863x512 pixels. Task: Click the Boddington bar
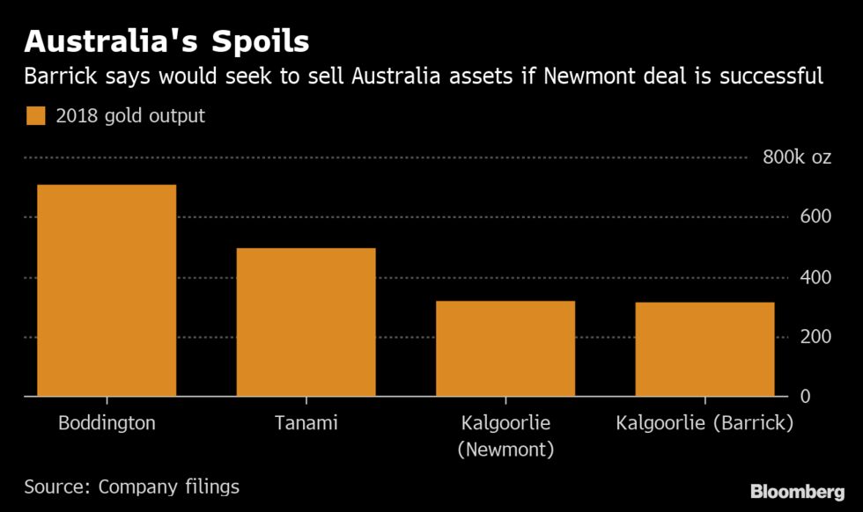click(107, 290)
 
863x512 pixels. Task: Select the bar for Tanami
click(306, 322)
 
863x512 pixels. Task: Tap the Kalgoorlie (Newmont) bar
click(505, 348)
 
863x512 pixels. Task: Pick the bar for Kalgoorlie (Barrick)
click(705, 349)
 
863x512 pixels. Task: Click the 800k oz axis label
click(796, 158)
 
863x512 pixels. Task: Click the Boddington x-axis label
click(107, 423)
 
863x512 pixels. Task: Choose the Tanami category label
click(306, 423)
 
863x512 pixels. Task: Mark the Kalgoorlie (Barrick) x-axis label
click(705, 423)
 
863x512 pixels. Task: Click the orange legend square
click(35, 116)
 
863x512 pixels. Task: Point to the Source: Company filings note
click(131, 486)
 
